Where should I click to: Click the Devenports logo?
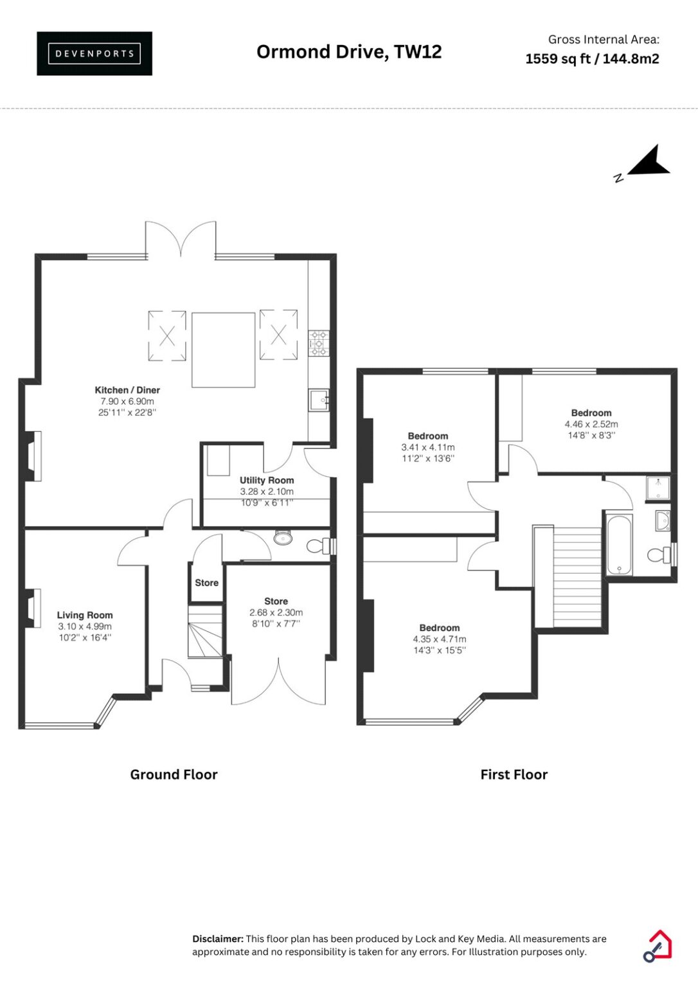94,53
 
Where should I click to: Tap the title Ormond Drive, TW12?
349,52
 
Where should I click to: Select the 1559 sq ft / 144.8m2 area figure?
592,58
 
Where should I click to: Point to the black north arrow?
649,161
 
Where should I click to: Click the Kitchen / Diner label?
127,390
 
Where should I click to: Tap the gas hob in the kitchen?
319,343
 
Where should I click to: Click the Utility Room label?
267,480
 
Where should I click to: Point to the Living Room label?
85,615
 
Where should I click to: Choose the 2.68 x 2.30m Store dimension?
276,612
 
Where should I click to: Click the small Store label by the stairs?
207,583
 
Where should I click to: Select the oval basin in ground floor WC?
283,538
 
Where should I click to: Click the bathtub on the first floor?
619,544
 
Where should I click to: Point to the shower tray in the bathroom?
658,488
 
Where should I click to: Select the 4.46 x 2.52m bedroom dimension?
591,424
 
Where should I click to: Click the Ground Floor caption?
174,774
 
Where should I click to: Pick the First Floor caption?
514,774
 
